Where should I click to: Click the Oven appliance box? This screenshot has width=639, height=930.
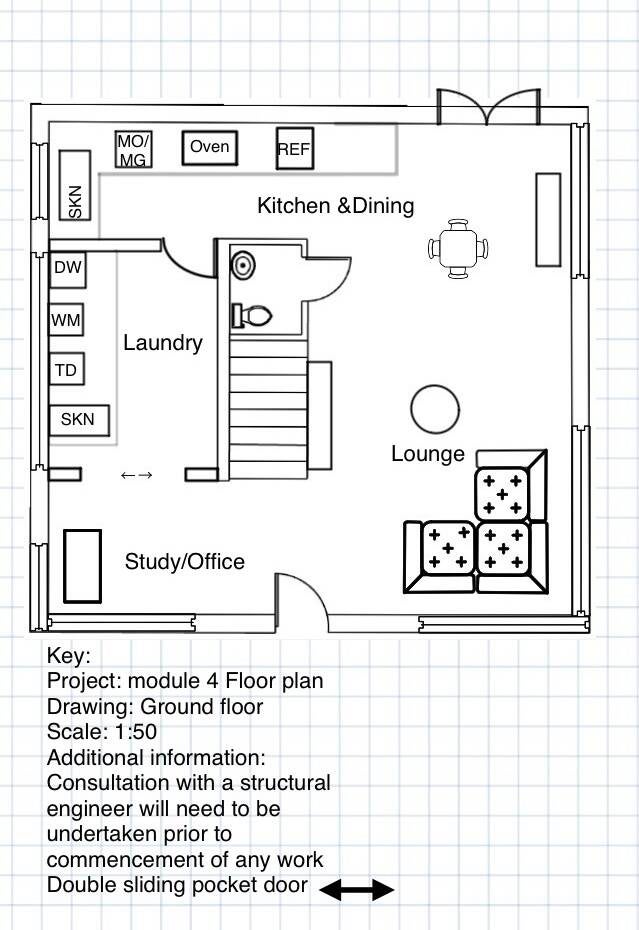(209, 148)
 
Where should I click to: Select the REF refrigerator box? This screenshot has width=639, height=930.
(294, 149)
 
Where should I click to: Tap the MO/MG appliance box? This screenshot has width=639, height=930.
(134, 150)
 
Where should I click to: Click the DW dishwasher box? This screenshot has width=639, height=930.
(67, 268)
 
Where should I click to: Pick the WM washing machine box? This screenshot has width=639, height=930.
(67, 320)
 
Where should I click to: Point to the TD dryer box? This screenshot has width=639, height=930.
(67, 370)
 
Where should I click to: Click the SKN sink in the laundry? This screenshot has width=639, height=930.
(79, 419)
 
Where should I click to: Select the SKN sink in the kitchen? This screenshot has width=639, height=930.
(75, 185)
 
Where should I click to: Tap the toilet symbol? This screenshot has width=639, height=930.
(252, 316)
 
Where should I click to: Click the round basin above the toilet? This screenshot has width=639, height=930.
(242, 265)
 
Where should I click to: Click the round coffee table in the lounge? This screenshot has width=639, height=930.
(435, 408)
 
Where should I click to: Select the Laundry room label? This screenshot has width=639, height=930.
(163, 343)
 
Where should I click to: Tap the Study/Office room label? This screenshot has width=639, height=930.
(184, 562)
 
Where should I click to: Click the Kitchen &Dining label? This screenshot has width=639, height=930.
(335, 206)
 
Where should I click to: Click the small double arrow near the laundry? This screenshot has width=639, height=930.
(136, 475)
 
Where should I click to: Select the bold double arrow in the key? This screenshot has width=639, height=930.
(357, 888)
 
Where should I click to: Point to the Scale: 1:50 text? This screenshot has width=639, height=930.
(102, 732)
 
